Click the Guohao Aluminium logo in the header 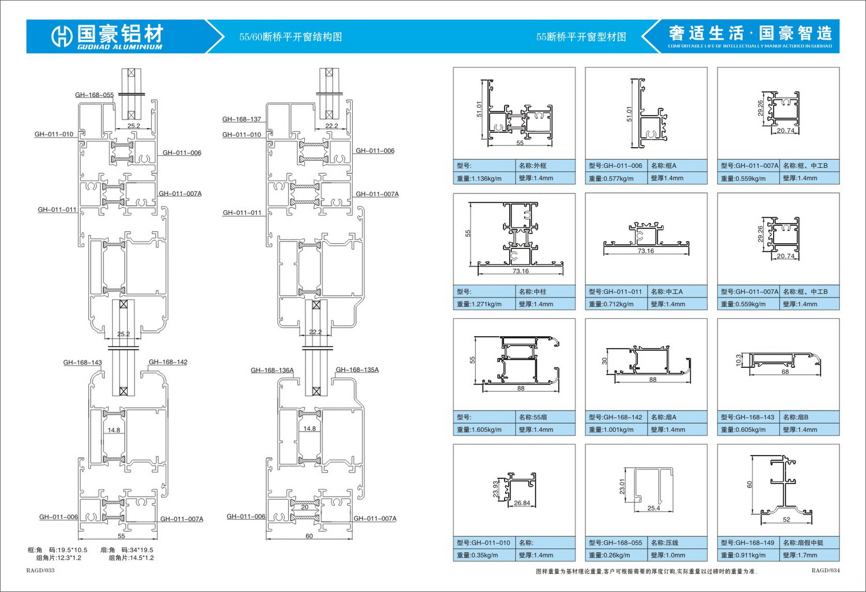[107, 36]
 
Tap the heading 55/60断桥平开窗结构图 [290, 37]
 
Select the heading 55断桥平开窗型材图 [581, 37]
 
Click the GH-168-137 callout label [241, 120]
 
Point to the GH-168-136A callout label [272, 370]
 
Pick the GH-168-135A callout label [357, 370]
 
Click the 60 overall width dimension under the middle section [309, 536]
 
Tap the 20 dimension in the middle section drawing [305, 507]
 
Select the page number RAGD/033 [40, 571]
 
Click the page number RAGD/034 [826, 571]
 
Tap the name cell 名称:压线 [665, 543]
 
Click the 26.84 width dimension [522, 503]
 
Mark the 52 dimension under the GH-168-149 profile [786, 520]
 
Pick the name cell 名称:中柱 [532, 292]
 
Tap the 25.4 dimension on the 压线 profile [654, 508]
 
